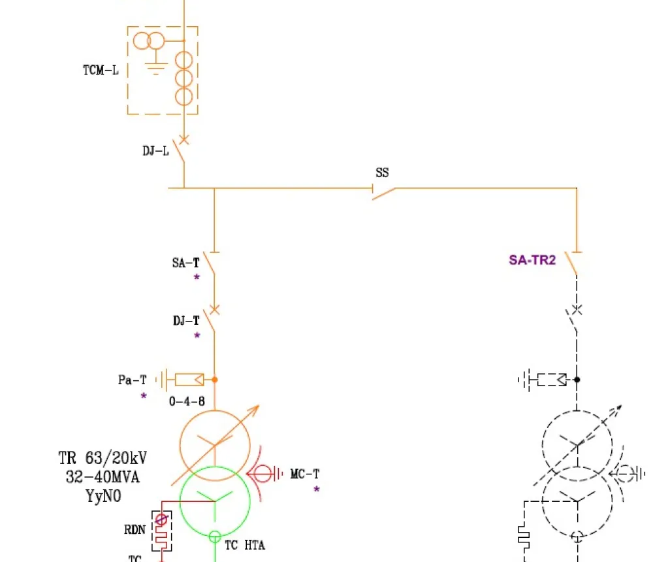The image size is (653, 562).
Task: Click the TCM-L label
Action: [101, 71]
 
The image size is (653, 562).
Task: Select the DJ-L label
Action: [155, 151]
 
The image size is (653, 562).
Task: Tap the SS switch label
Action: [382, 173]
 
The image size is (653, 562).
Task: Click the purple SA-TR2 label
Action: [532, 260]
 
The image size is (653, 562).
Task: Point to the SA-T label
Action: [185, 263]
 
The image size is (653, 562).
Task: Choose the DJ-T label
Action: [186, 321]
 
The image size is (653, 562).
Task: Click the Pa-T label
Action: [133, 380]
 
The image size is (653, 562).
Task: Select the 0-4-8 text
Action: [187, 401]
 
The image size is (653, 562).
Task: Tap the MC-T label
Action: [305, 474]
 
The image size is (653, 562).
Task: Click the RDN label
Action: [135, 530]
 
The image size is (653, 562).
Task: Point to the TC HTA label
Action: [245, 545]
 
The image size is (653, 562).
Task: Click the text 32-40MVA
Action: [103, 477]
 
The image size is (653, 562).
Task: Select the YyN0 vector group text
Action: [103, 496]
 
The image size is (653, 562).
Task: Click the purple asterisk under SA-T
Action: [196, 278]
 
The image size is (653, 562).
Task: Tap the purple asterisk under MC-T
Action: [317, 489]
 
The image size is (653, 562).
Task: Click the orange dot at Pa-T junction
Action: [214, 379]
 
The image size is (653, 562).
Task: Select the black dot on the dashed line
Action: [577, 379]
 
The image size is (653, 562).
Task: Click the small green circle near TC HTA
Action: [215, 537]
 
